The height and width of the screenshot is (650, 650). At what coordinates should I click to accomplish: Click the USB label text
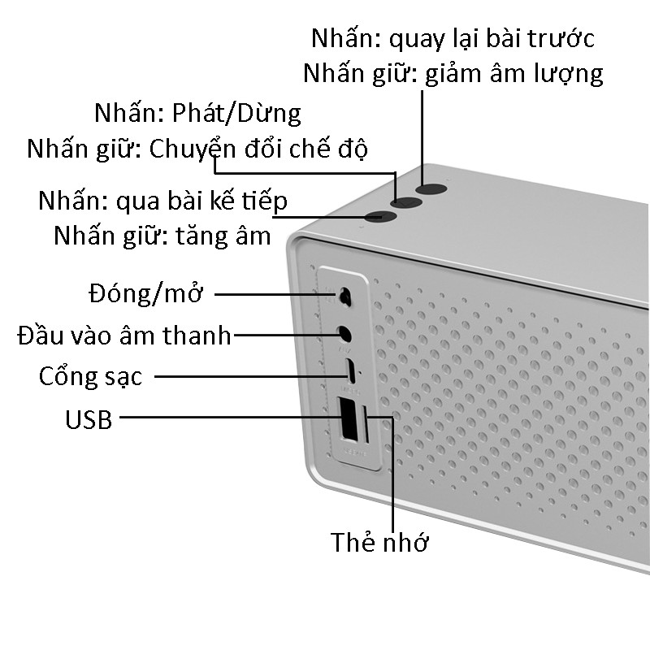(89, 420)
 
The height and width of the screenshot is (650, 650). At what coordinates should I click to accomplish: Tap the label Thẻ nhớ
(379, 542)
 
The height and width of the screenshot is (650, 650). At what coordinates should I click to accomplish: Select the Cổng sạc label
(90, 377)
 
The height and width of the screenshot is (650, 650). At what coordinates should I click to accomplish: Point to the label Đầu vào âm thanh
(124, 335)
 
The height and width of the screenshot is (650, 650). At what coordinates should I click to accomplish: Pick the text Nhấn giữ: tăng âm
(162, 236)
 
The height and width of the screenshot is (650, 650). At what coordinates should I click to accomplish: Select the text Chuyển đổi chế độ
(259, 149)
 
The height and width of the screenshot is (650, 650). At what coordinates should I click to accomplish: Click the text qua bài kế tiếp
(202, 200)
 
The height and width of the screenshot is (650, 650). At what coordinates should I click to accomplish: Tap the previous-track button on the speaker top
(431, 189)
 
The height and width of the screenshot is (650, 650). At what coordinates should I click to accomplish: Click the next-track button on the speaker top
(379, 216)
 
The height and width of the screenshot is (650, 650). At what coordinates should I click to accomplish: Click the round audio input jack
(344, 333)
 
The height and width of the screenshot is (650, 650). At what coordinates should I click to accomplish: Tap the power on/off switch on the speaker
(345, 297)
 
